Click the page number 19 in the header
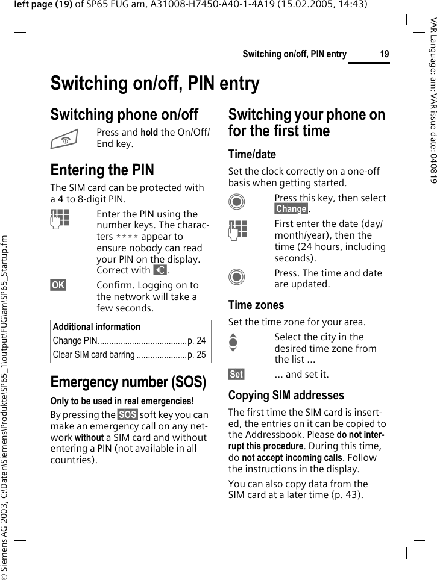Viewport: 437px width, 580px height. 384,55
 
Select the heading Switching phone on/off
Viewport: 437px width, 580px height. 124,114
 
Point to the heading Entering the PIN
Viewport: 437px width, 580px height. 102,170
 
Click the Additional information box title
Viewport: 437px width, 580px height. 96,327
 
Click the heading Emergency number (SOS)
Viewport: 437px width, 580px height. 128,382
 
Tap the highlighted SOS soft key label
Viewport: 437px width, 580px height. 127,415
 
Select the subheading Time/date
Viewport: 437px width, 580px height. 252,155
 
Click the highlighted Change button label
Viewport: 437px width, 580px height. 291,209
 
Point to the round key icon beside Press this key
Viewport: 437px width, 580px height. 237,202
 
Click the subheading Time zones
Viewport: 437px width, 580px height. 256,305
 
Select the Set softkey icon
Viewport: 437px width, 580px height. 236,375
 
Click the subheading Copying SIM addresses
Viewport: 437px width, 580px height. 286,396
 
